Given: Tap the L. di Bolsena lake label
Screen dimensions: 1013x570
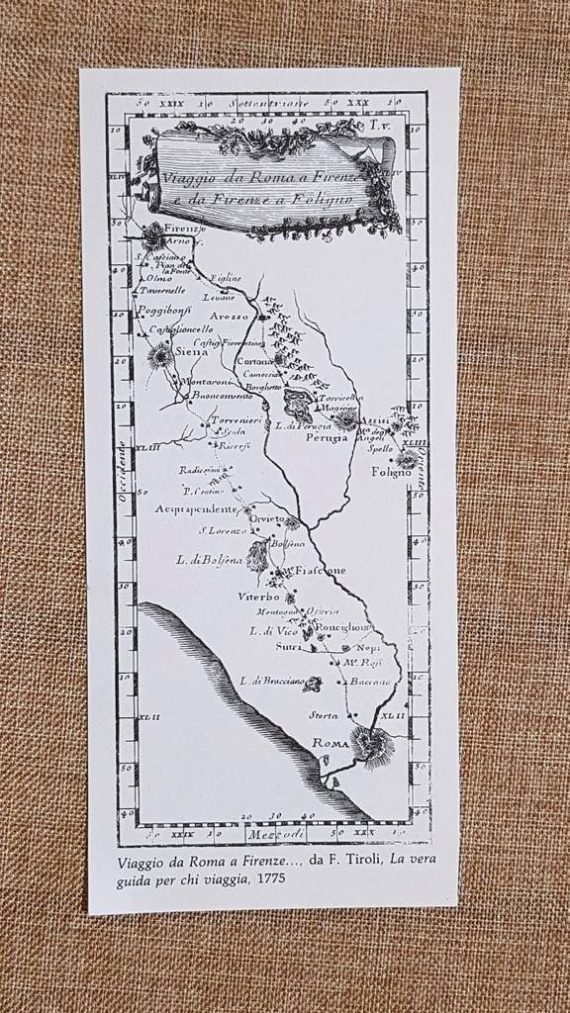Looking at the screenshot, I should click(x=209, y=560).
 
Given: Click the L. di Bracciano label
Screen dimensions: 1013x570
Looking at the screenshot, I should click(x=269, y=681).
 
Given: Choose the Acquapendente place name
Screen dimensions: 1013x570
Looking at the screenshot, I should click(x=196, y=508).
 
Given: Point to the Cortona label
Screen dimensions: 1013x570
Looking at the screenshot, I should click(x=254, y=361).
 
